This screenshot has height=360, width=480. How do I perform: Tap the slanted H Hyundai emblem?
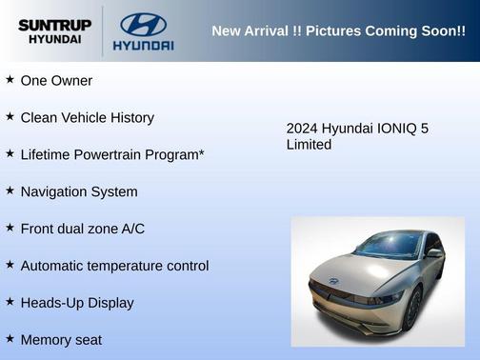click(143, 24)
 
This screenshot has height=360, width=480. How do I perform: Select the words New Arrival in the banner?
click(250, 31)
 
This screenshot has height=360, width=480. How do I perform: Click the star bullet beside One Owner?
click(10, 80)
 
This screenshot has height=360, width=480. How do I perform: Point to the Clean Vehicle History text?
click(87, 118)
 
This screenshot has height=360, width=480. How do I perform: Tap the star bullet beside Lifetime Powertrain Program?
click(10, 153)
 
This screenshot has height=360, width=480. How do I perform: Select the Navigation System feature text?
click(79, 191)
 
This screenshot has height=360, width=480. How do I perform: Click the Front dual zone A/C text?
click(82, 229)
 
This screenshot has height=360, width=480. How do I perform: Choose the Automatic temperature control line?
click(114, 266)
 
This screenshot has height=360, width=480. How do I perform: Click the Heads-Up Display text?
click(77, 303)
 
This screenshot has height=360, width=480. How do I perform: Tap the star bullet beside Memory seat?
click(10, 338)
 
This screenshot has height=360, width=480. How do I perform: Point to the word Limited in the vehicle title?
click(309, 145)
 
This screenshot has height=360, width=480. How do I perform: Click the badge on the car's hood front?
click(334, 281)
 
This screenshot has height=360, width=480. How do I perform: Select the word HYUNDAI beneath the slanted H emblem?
click(143, 45)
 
